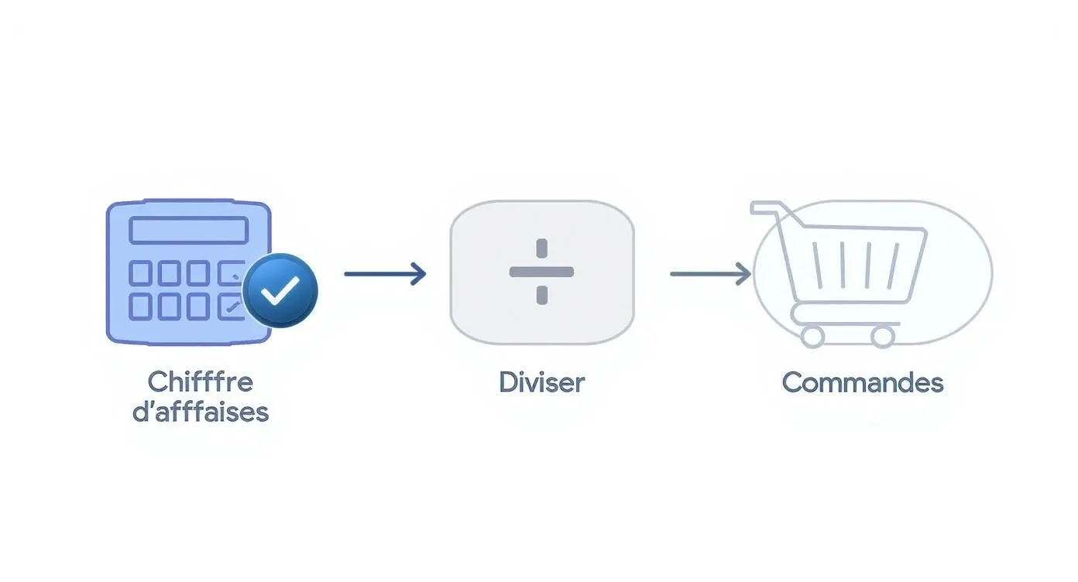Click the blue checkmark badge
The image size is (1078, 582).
point(280,290)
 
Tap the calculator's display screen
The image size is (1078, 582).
point(189,230)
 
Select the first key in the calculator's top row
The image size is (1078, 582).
point(140,272)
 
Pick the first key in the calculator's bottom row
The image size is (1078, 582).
point(140,306)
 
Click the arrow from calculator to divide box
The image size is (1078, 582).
point(385,274)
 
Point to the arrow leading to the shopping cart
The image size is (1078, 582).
point(711,274)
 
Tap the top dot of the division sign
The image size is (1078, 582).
point(542,248)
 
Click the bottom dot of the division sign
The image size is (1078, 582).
point(542,295)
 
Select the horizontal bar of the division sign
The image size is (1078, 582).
point(541,272)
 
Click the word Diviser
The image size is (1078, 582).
point(542,383)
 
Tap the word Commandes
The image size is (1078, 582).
point(863,383)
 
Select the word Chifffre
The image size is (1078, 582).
point(201,382)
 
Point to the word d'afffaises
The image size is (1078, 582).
point(201,412)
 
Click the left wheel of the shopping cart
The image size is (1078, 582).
point(812,336)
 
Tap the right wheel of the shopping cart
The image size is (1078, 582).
point(883,336)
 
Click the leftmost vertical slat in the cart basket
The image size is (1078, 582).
point(817,265)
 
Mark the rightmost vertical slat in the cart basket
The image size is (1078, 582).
point(893,265)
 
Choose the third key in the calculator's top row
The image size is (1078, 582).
point(197,272)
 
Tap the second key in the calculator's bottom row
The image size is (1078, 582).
point(170,306)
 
